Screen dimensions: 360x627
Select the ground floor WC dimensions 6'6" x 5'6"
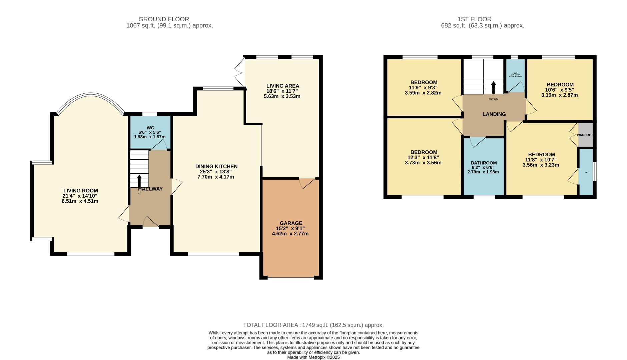click(x=150, y=132)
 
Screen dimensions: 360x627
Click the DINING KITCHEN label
click(x=216, y=166)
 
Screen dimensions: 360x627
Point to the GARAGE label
click(x=291, y=223)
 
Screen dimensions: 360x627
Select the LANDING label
click(x=494, y=114)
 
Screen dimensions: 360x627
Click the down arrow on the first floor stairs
click(x=494, y=88)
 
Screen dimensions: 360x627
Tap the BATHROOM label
click(x=484, y=163)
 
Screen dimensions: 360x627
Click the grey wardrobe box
click(x=586, y=135)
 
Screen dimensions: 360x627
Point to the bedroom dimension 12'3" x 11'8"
click(x=424, y=158)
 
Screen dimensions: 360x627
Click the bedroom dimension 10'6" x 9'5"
click(x=560, y=90)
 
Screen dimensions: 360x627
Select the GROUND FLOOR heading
click(x=164, y=19)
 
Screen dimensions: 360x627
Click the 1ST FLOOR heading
click(x=475, y=19)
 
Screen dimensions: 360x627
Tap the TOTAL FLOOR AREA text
click(x=313, y=325)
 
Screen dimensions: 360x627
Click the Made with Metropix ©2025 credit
click(x=313, y=357)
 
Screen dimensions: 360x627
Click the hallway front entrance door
click(x=150, y=222)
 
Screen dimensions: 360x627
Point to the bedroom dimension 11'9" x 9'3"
click(x=424, y=88)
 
